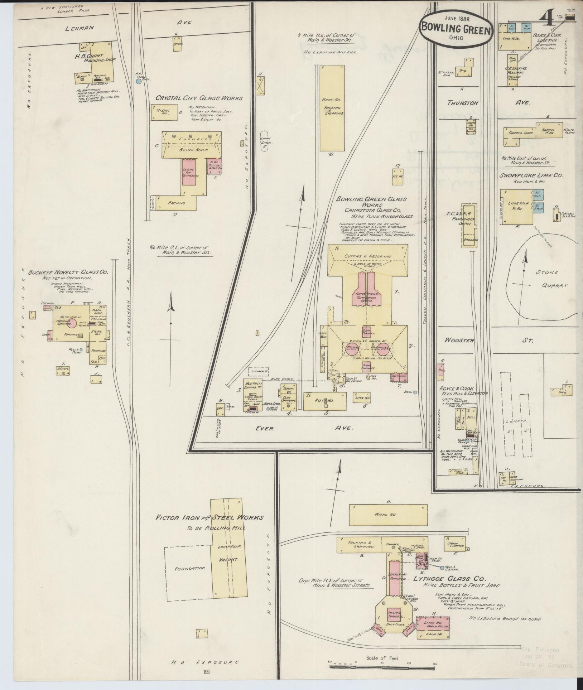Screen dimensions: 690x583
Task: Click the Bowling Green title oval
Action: point(456,28)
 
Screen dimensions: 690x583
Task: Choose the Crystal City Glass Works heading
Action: point(199,98)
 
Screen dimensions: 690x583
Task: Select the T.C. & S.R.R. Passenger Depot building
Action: point(469,226)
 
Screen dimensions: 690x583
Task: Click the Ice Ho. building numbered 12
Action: point(397,176)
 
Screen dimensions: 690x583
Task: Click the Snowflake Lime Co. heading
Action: point(532,176)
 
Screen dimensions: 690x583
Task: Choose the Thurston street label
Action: point(458,103)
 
